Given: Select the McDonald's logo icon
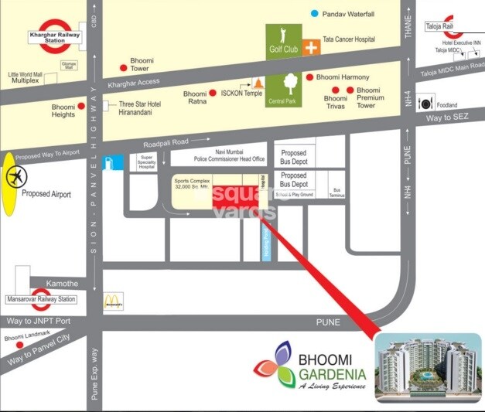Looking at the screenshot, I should click(x=114, y=298).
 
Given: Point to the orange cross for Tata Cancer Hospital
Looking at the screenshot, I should click(x=312, y=47).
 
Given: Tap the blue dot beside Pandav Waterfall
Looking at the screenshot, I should click(x=314, y=13).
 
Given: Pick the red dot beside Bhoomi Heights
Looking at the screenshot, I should click(x=82, y=107).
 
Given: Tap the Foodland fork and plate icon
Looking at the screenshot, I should click(x=425, y=102).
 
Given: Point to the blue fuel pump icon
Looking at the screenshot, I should click(x=114, y=163).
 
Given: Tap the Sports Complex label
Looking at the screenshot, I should click(x=192, y=184).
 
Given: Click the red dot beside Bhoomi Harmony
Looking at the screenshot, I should click(x=309, y=77).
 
